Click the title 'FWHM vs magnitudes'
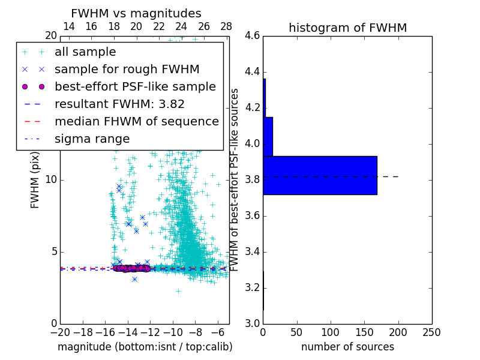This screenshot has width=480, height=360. [x=136, y=13]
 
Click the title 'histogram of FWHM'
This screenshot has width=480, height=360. [x=347, y=28]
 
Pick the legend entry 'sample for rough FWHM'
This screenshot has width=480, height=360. [x=118, y=70]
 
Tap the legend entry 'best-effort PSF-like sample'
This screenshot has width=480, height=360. [x=135, y=87]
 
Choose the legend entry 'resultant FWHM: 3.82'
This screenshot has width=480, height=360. [x=119, y=104]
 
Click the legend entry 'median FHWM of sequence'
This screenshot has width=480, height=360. [x=136, y=122]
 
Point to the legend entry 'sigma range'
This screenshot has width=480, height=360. [x=92, y=139]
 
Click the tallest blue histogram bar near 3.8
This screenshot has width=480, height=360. [x=320, y=175]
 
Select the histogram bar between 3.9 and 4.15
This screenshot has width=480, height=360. [x=268, y=136]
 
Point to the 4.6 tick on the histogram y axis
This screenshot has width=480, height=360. [x=252, y=36]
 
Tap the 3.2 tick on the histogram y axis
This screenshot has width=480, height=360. [x=252, y=287]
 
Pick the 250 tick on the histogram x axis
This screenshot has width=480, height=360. [x=431, y=332]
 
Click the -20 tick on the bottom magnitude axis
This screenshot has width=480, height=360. [x=60, y=332]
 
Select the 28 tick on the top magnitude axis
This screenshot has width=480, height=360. [x=226, y=26]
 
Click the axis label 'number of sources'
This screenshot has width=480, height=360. [x=347, y=347]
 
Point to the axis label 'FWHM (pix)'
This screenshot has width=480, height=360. [x=35, y=180]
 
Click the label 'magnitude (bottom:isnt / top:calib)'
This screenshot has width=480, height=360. [x=145, y=347]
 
